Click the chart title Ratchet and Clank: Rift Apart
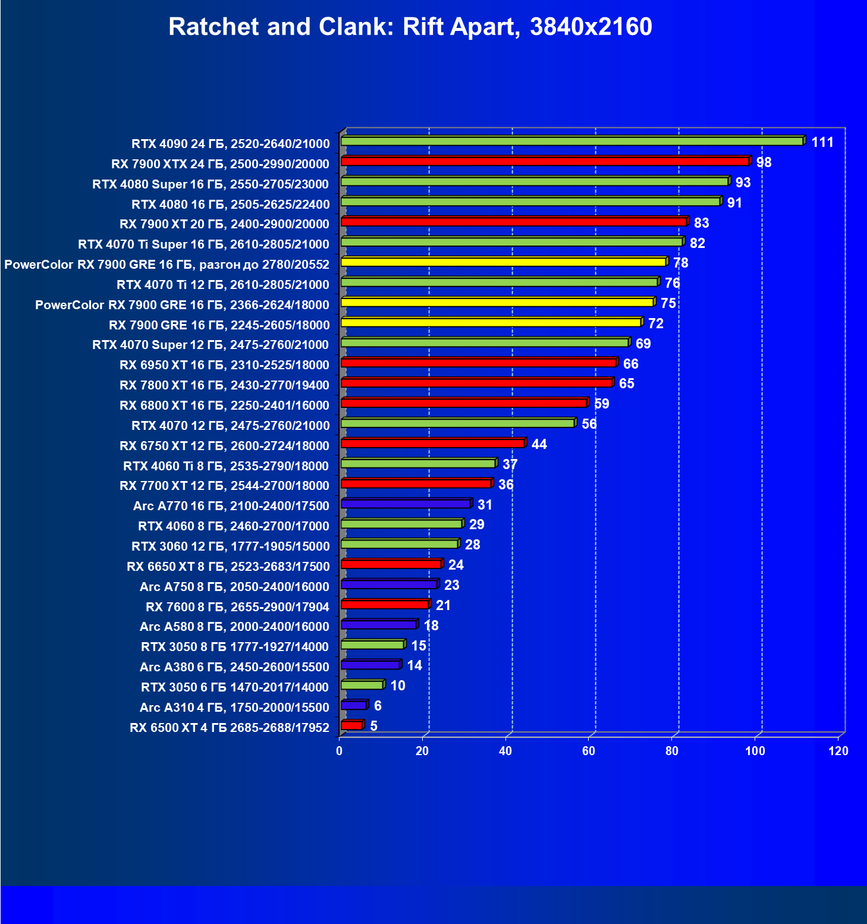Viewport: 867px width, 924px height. [x=410, y=27]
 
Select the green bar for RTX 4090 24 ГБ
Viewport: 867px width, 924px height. [x=571, y=142]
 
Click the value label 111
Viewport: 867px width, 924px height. [x=822, y=142]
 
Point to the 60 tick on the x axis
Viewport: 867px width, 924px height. [x=589, y=751]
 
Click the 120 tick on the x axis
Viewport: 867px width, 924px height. [x=838, y=751]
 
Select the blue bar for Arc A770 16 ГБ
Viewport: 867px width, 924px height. [x=406, y=504]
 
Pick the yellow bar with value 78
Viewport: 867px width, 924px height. [x=503, y=262]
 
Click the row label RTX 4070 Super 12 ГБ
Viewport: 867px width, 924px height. [x=211, y=345]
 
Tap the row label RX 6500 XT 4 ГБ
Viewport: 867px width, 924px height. [x=230, y=728]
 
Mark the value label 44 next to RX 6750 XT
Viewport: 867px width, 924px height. [x=539, y=444]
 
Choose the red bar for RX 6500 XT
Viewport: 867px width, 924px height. [x=351, y=725]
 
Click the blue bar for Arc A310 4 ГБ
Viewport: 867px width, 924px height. [x=353, y=705]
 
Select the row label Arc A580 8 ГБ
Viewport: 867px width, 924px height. [x=234, y=627]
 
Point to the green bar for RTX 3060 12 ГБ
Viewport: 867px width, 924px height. [x=399, y=544]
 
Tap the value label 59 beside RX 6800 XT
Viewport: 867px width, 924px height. [x=602, y=404]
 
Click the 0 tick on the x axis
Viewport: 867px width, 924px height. [x=340, y=751]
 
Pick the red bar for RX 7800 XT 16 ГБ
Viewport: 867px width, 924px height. [x=476, y=383]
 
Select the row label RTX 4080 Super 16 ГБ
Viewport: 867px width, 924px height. [x=211, y=184]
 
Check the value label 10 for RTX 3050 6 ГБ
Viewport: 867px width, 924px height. [x=397, y=686]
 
